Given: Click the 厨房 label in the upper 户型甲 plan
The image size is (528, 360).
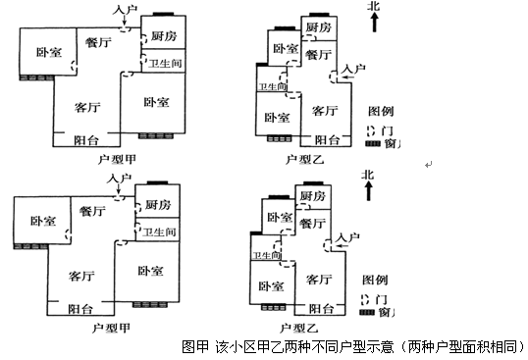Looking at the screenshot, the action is click(164, 36).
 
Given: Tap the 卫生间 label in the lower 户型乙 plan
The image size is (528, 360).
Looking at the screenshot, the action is click(267, 256).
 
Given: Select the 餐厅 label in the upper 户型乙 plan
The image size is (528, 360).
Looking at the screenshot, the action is click(318, 55).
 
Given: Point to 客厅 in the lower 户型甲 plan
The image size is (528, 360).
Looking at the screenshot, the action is click(81, 277).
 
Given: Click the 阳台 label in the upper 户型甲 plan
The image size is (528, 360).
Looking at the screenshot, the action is click(86, 140).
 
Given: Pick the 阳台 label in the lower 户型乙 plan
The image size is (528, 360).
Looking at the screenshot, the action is click(322, 309).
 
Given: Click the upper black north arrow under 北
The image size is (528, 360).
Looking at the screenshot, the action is click(374, 22).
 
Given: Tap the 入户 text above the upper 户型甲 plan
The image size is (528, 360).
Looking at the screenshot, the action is click(125, 10).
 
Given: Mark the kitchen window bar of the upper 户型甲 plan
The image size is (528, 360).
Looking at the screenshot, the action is click(163, 14).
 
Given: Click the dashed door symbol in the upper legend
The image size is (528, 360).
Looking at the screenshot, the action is click(371, 130).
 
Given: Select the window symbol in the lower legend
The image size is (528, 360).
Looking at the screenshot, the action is click(367, 313).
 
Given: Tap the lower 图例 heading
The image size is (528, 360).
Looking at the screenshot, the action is click(375, 280).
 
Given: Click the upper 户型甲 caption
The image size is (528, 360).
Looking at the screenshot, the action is click(117, 159).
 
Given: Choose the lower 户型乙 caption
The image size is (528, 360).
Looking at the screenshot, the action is click(299, 328).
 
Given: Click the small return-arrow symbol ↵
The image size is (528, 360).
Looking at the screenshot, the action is click(428, 165).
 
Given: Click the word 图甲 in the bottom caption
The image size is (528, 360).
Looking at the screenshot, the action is click(195, 347).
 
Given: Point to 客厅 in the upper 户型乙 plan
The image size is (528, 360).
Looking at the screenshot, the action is click(325, 111).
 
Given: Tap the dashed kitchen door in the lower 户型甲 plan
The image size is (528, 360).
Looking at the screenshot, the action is click(137, 208).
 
